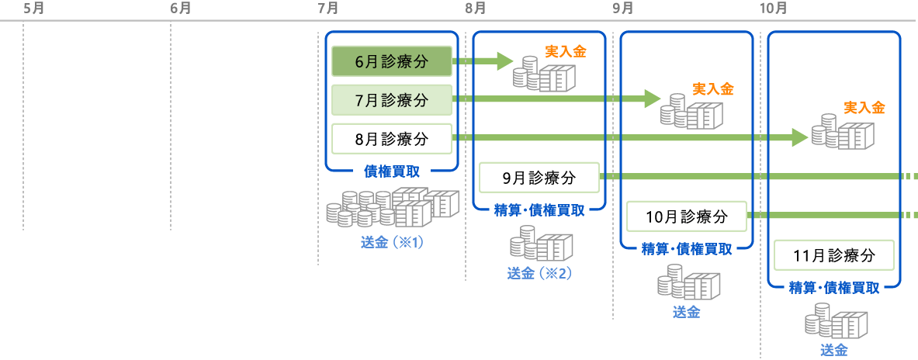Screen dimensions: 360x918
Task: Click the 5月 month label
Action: coord(33,9)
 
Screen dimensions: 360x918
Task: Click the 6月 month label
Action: coord(180,9)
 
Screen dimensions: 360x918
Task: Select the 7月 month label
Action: coord(327,9)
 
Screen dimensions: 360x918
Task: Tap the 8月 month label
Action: coord(475,9)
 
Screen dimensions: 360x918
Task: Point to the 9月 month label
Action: coord(622,9)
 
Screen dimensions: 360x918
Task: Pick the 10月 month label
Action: coord(773,9)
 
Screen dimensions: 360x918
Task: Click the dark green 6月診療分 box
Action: coord(391,61)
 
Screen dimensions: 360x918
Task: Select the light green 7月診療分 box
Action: coord(391,100)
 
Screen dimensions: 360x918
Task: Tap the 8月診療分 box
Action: coord(391,139)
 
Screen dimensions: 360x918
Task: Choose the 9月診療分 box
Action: coord(539,178)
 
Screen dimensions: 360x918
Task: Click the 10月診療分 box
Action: coord(686,216)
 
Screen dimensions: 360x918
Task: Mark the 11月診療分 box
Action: coord(833,255)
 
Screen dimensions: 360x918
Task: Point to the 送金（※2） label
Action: coord(539,273)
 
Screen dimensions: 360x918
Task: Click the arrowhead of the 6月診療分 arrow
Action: coord(505,61)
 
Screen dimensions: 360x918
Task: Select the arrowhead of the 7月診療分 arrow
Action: coord(653,99)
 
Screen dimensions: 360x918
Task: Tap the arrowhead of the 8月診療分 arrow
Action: coord(800,138)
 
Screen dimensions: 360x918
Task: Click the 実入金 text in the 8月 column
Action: coord(566,51)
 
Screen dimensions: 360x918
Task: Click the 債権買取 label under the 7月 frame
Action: coord(392,171)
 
